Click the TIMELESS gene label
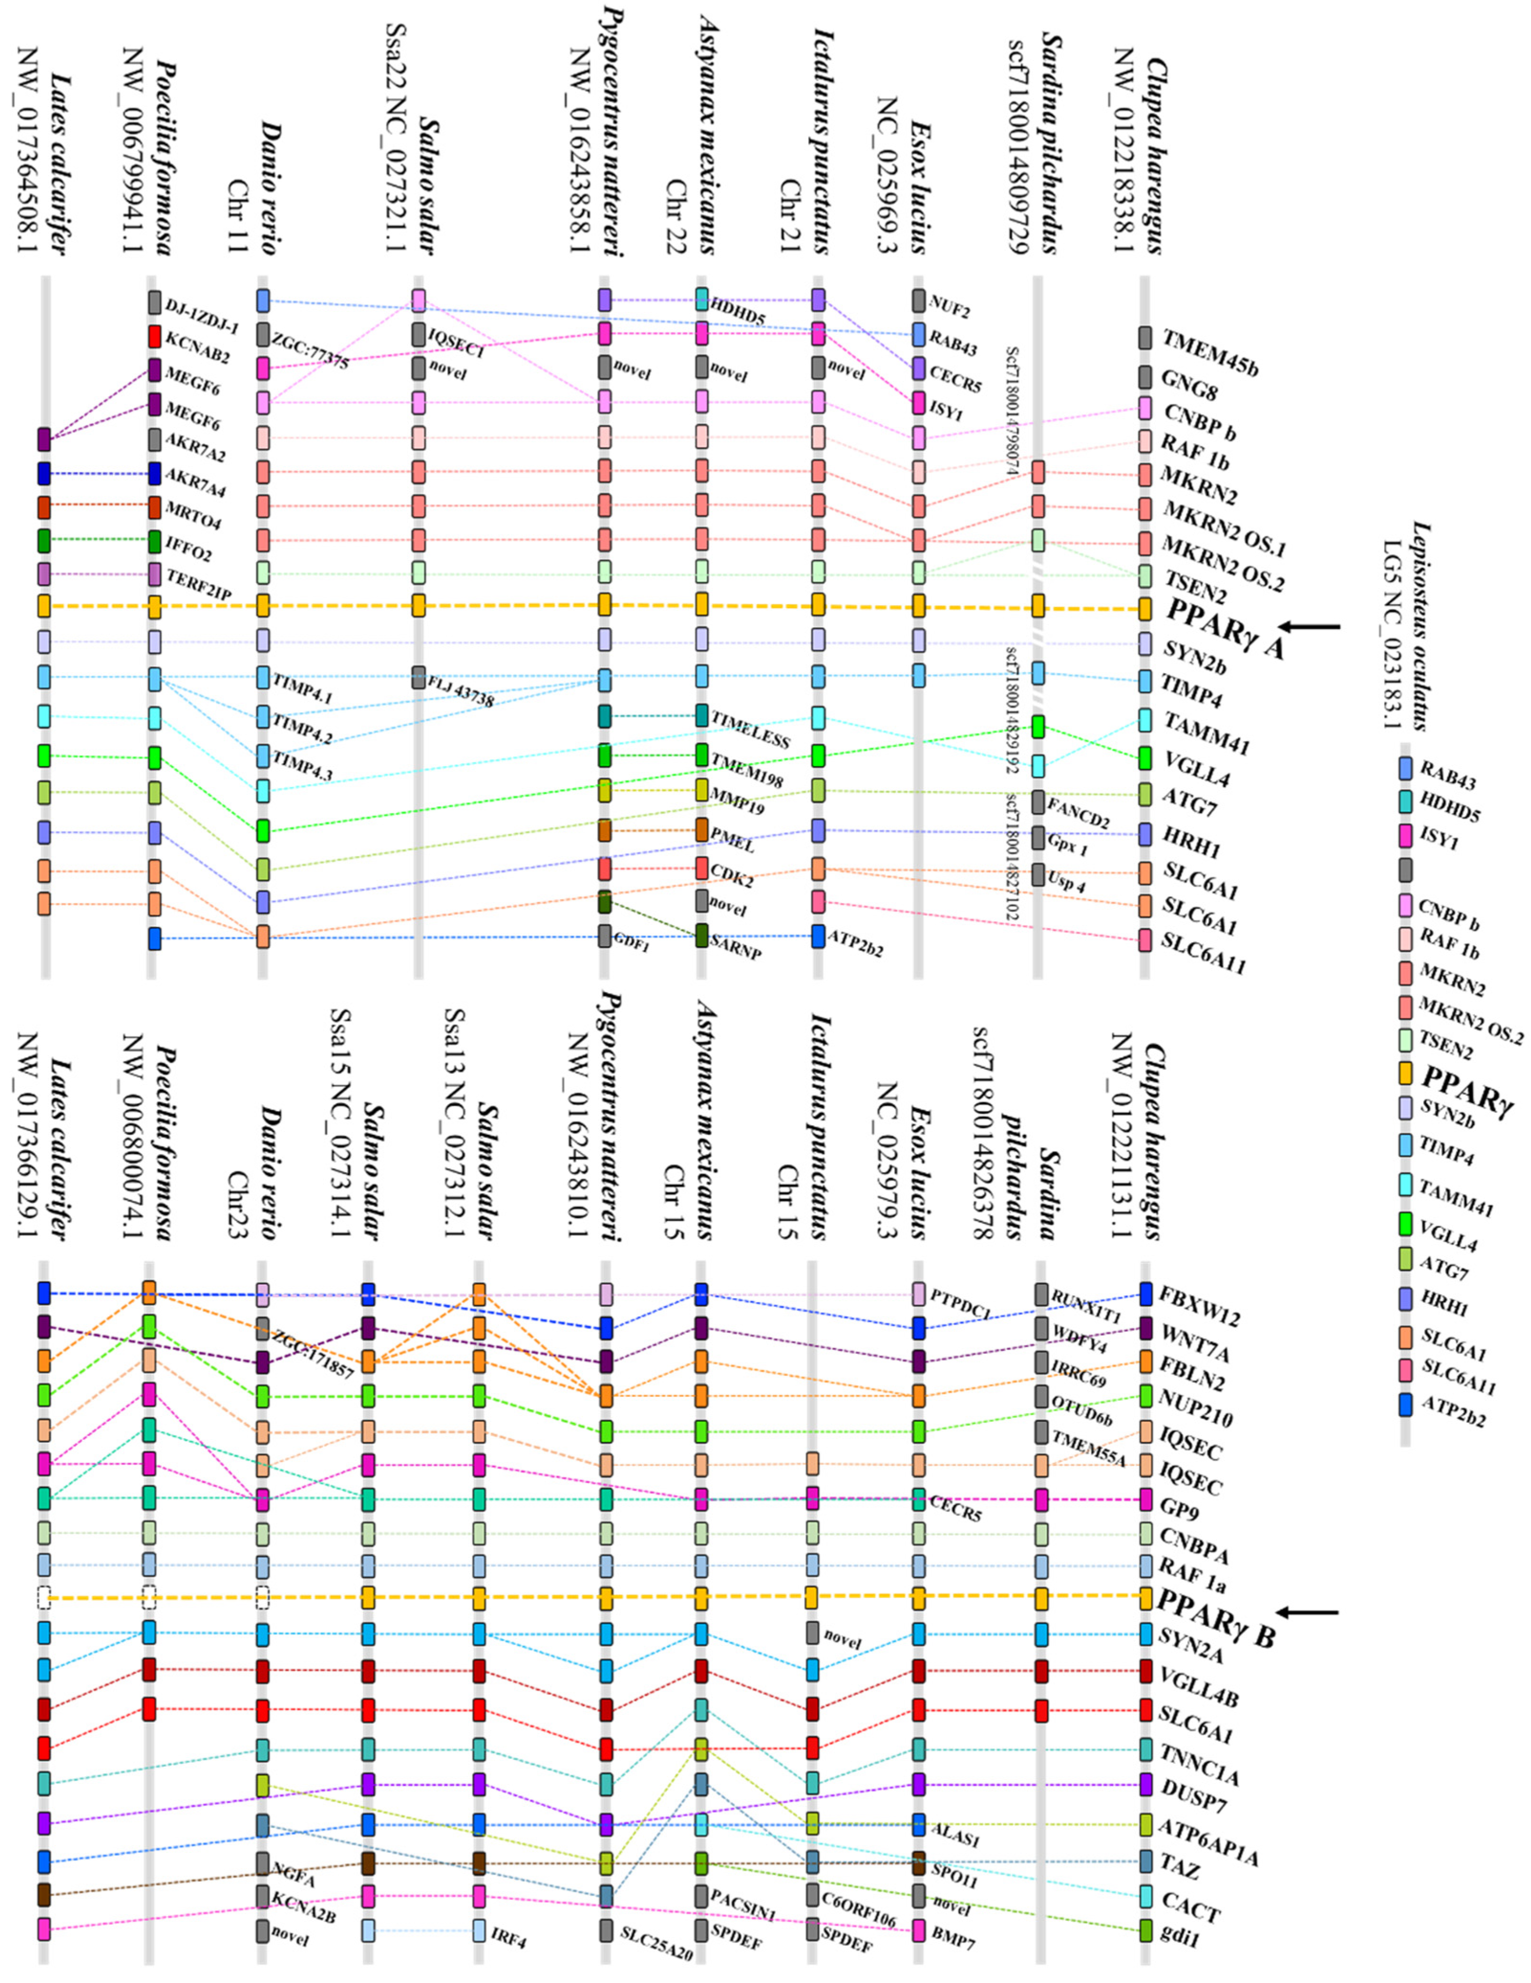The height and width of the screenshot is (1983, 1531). pos(750,729)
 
